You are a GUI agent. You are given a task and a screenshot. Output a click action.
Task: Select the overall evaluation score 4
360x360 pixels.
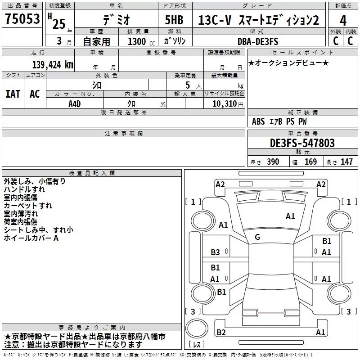[343, 21]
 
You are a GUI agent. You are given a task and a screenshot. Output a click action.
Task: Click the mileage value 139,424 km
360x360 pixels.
[53, 65]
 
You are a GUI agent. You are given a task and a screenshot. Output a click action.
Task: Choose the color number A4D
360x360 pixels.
[75, 103]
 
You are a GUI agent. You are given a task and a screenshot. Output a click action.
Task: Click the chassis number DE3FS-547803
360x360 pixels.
[302, 143]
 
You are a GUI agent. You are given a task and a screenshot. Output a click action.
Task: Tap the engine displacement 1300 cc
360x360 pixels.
[140, 41]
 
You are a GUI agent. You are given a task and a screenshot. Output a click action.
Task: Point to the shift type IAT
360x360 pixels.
[13, 94]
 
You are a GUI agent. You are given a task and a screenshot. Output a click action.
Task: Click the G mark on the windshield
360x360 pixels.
[257, 237]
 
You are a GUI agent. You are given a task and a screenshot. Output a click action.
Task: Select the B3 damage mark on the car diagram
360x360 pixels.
[215, 252]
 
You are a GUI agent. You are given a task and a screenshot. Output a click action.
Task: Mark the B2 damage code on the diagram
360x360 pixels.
[220, 333]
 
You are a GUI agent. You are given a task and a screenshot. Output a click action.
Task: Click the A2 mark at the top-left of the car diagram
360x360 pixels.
[220, 184]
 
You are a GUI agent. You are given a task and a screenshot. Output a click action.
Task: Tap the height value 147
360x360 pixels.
[346, 162]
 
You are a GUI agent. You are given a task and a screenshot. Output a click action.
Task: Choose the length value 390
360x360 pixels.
[273, 162]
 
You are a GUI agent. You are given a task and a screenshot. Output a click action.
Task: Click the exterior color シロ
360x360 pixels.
[97, 85]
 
